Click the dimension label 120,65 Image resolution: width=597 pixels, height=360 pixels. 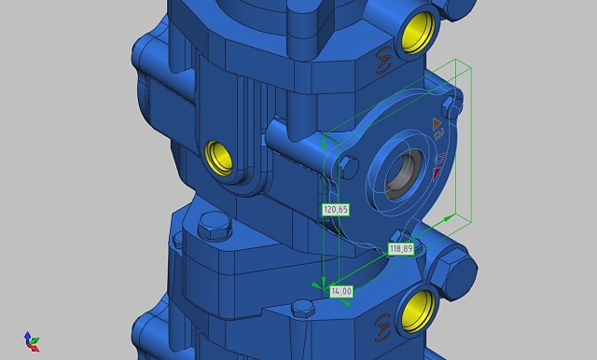(x=336, y=210)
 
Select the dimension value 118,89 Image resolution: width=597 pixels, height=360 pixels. (x=401, y=249)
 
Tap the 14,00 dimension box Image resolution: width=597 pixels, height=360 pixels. (x=341, y=292)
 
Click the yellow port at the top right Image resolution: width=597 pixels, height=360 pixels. (x=418, y=33)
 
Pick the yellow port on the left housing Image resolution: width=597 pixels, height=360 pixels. (x=219, y=158)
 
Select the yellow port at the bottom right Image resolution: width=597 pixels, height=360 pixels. (x=418, y=312)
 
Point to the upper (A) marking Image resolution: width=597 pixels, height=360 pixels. (x=383, y=60)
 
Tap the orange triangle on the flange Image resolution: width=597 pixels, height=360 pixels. (x=437, y=124)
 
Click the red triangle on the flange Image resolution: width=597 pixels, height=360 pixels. (x=437, y=173)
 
